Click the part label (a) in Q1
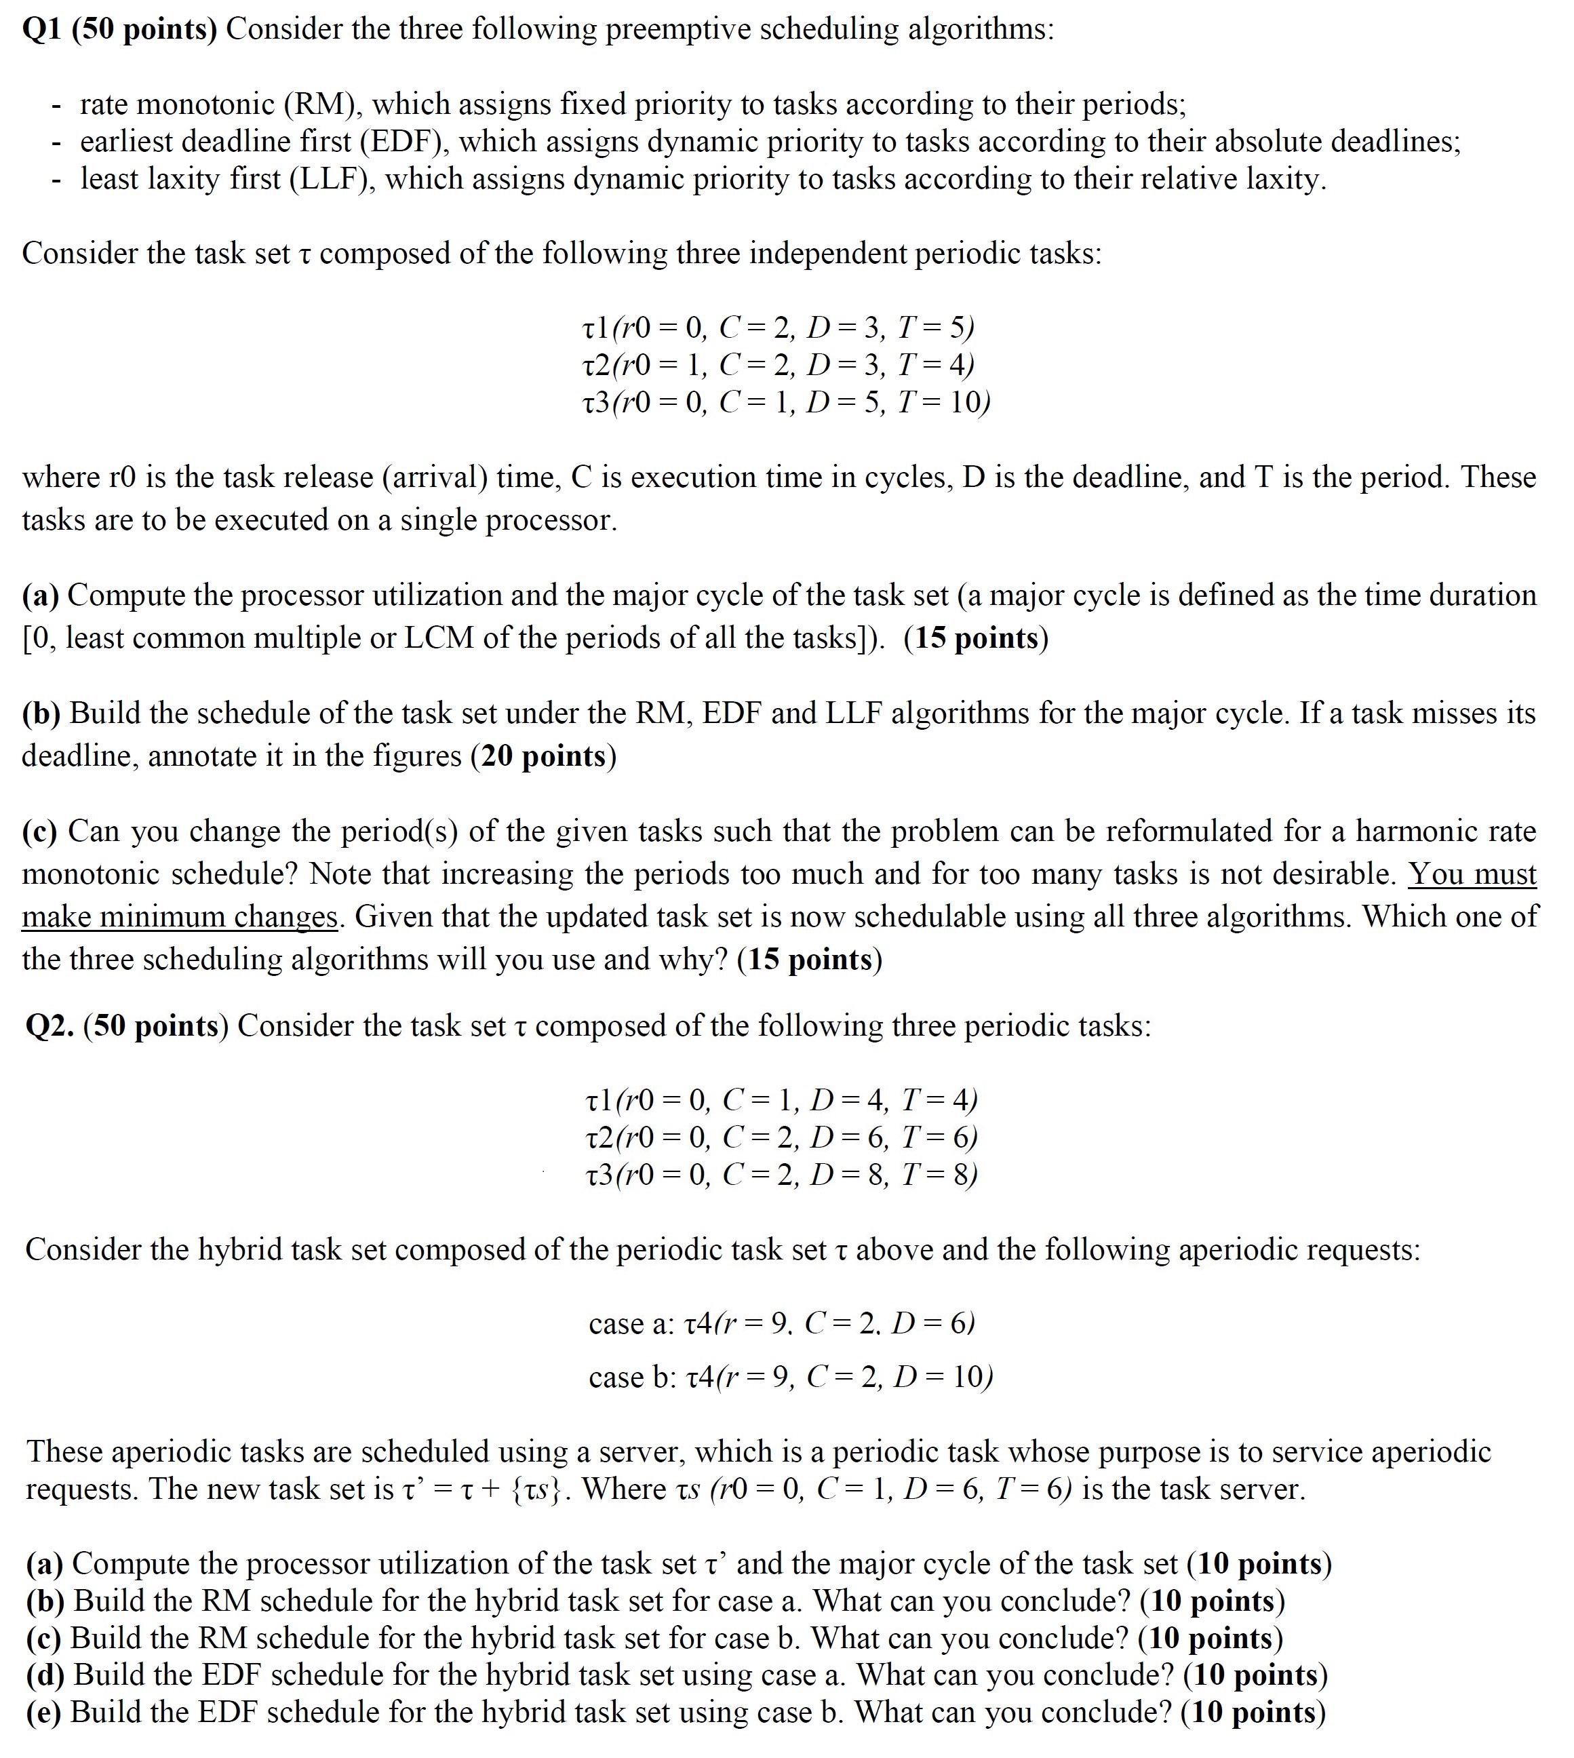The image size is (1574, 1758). (x=40, y=595)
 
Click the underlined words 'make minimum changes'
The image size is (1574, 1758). (x=179, y=916)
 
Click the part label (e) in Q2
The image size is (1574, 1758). (x=43, y=1712)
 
